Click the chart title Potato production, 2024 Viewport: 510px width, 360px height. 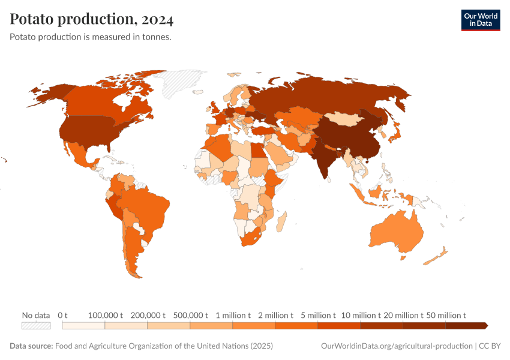pos(92,20)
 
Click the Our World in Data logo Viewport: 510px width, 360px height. pos(480,20)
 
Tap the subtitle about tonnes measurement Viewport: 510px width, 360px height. pos(91,37)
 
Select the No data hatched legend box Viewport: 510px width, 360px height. pos(36,325)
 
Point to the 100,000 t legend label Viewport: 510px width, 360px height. pos(106,315)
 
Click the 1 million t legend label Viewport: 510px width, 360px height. pos(233,315)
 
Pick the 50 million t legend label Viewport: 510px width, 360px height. pos(446,315)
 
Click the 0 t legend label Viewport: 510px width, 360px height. pos(63,315)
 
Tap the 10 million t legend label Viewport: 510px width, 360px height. pos(361,315)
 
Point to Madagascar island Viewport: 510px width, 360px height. pos(280,223)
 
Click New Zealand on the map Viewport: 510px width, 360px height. pos(435,256)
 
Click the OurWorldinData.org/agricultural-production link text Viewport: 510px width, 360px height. pos(397,346)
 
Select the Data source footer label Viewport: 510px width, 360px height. pos(31,346)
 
